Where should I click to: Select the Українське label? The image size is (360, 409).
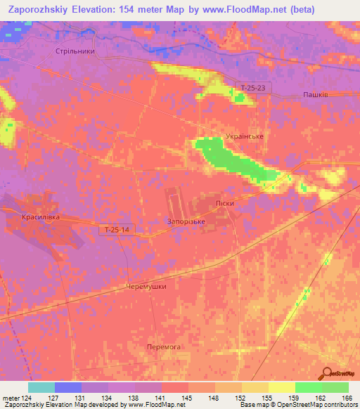(x=245, y=136)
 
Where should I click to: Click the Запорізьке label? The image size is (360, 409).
(x=186, y=221)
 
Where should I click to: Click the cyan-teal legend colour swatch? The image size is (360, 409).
(x=41, y=387)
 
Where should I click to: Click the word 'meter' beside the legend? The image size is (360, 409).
(x=10, y=398)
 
